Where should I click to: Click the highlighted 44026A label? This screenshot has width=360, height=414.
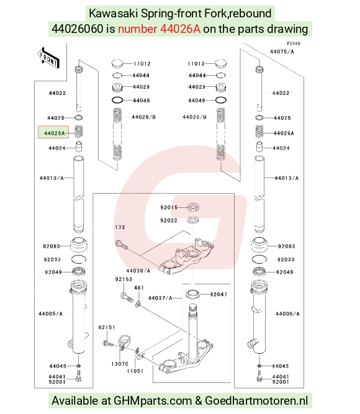click(53, 132)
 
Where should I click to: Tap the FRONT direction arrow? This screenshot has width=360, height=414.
click(48, 58)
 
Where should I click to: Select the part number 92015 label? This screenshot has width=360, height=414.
click(169, 207)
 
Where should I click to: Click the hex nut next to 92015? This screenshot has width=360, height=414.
click(193, 207)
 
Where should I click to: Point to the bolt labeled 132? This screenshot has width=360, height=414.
click(122, 245)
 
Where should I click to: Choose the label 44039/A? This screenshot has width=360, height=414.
click(138, 271)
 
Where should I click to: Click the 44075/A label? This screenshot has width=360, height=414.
click(282, 52)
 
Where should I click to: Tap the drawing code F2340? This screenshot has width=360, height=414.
click(294, 43)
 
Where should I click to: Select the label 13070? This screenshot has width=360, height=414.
click(120, 364)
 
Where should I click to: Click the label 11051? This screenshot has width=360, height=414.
click(135, 371)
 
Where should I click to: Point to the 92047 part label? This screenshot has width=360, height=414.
click(218, 294)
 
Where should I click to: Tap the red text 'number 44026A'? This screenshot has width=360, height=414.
click(160, 29)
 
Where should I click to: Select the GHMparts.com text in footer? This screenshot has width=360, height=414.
click(153, 400)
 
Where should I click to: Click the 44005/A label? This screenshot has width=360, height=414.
click(50, 313)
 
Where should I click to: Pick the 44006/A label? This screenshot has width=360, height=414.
click(287, 313)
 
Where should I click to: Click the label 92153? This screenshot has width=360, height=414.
click(124, 279)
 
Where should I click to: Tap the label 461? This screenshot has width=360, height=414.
click(139, 287)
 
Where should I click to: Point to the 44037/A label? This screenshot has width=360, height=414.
click(160, 298)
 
